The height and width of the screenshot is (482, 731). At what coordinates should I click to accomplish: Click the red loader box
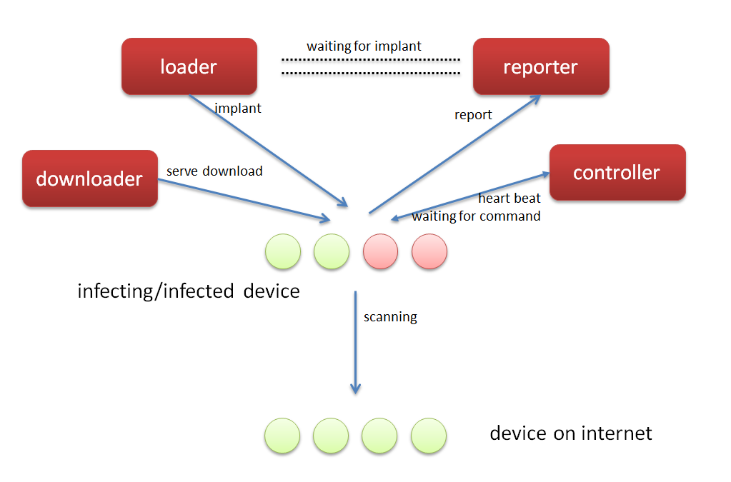click(189, 66)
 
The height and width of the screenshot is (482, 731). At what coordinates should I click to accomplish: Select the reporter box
click(541, 66)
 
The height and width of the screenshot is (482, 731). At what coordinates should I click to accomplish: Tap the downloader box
click(90, 179)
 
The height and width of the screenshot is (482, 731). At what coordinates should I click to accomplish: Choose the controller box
click(617, 172)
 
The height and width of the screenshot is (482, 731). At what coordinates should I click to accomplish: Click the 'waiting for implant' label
click(364, 46)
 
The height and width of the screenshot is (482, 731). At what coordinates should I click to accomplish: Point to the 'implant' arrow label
click(238, 108)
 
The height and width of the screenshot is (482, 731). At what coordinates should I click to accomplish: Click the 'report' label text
click(473, 115)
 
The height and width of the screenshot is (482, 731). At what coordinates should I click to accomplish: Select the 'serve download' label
click(214, 171)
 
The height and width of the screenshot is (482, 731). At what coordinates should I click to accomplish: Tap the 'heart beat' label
click(509, 199)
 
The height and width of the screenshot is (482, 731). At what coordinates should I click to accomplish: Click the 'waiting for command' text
click(476, 216)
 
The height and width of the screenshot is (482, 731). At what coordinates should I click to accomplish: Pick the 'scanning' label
click(390, 316)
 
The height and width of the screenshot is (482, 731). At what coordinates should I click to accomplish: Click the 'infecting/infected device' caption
click(189, 291)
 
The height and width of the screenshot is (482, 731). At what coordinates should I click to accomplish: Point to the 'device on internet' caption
click(571, 433)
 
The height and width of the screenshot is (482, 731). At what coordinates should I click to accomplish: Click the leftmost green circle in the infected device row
click(283, 251)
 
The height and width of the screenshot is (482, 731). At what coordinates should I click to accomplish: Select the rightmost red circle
click(429, 251)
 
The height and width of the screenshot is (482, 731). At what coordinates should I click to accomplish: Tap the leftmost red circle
click(380, 251)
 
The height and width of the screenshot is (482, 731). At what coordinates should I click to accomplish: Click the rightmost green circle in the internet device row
click(429, 436)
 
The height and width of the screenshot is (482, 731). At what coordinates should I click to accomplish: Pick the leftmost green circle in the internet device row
click(282, 436)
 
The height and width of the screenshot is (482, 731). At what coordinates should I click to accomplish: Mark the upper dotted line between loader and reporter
click(371, 59)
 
